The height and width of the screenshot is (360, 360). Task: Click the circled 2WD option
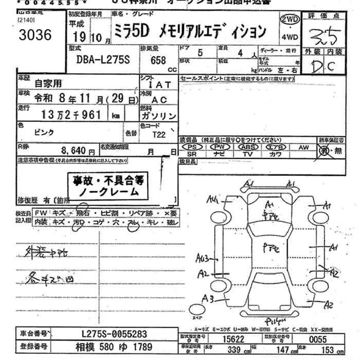click(x=290, y=20)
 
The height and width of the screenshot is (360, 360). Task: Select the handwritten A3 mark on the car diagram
click(x=208, y=298)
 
